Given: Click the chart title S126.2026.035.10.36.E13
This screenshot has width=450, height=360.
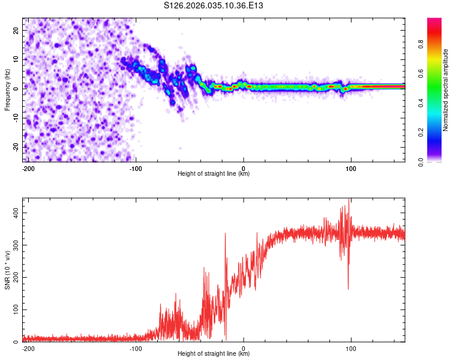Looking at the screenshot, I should coord(214,5).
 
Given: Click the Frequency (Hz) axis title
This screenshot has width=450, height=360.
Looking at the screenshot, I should coord(7,89).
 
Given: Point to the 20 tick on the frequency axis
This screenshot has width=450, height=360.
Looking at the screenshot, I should coord(16,29).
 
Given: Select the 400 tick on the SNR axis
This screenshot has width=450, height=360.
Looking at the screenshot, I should coord(13,213).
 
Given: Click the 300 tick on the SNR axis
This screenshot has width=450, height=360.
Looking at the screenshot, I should coord(13,245).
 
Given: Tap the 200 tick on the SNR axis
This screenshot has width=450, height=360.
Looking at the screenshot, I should coord(13,278).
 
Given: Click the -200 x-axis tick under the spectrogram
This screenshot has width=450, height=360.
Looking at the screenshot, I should coord(28,167).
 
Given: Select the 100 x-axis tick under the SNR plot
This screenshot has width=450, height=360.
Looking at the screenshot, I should coord(351,347).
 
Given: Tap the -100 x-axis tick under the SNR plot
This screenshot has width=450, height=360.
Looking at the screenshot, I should coord(135,347).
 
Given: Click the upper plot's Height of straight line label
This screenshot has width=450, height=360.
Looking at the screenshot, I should coord(214,174).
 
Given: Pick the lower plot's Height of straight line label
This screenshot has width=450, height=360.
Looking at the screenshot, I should coord(214,354).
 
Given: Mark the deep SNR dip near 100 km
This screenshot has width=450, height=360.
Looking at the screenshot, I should coord(348,288).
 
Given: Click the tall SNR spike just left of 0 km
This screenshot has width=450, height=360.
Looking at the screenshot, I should coord(226,235).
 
